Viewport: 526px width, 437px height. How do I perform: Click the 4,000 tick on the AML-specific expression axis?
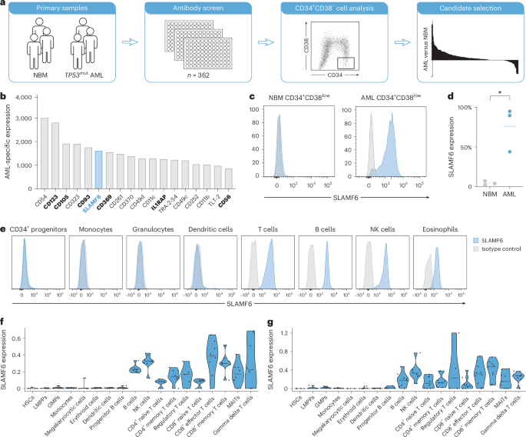[28, 98]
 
